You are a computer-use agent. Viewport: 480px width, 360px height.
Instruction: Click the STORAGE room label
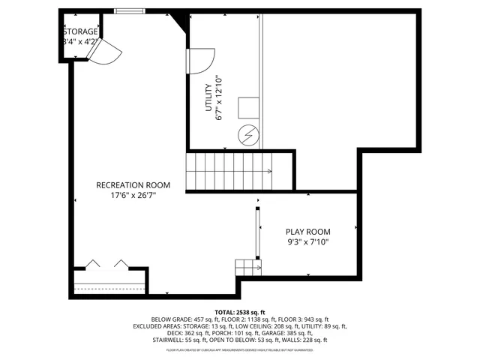point(79,31)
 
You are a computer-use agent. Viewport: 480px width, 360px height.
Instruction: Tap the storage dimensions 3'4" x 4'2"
point(79,42)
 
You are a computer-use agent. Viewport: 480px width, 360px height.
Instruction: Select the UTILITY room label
point(209,98)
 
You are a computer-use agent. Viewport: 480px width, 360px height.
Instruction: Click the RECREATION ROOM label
point(133,185)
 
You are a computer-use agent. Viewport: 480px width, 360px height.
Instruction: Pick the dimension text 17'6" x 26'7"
point(133,196)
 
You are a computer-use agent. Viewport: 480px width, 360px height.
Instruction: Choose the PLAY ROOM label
point(307,232)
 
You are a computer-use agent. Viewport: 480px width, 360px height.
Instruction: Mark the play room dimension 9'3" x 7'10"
point(307,242)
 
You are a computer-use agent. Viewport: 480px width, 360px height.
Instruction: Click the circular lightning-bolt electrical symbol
point(247,135)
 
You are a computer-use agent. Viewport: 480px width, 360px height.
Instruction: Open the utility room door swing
point(202,60)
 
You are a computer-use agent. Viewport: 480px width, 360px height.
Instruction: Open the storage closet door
point(105,51)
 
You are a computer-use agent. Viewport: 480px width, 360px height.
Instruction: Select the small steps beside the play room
point(247,267)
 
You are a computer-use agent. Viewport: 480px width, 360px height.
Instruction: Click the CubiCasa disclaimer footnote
point(240,349)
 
